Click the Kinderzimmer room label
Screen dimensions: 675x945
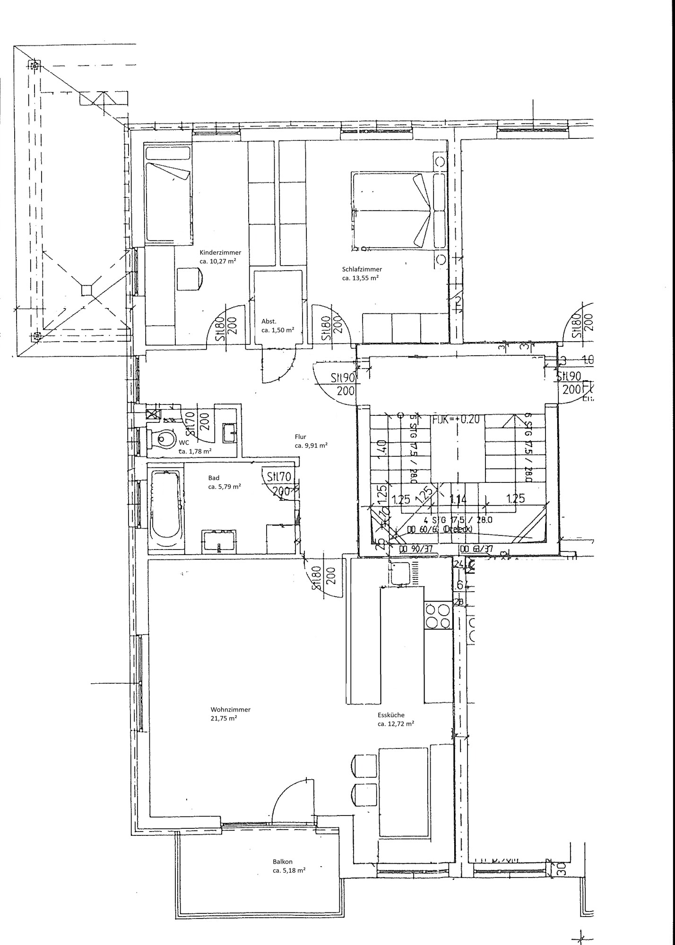coord(220,252)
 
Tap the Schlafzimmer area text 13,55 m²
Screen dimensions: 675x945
coord(360,278)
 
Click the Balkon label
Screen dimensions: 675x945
coord(282,861)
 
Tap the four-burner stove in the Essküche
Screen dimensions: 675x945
coord(438,616)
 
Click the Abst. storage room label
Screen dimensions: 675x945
coord(269,321)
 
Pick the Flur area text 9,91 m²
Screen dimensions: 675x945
coord(311,445)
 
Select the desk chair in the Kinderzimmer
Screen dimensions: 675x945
coord(190,278)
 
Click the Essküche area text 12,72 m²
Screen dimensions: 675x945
coord(396,723)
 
